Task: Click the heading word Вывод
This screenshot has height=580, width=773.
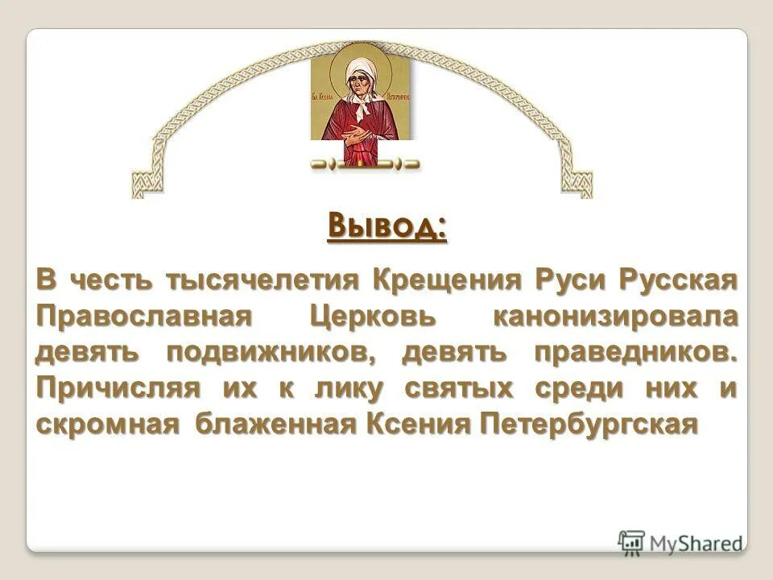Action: tap(386, 226)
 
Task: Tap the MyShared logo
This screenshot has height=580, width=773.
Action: tap(681, 542)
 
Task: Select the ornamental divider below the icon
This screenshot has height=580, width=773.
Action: tap(365, 164)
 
